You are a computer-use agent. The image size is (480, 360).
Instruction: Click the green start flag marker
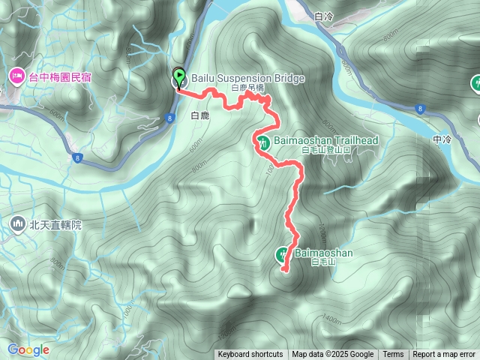(179, 76)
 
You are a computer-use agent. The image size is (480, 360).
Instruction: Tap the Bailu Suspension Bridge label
(237, 78)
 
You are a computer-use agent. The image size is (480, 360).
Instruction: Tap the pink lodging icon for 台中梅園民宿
(16, 76)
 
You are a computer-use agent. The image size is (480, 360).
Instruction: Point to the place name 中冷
(442, 139)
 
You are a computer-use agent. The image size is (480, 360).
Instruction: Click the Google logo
(28, 349)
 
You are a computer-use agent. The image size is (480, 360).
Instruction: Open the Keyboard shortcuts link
(250, 355)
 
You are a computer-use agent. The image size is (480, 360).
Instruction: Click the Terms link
(393, 355)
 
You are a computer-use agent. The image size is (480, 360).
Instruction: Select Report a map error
(445, 355)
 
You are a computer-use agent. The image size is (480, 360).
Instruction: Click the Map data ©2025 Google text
(332, 355)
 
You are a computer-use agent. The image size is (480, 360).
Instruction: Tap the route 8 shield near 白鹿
(171, 118)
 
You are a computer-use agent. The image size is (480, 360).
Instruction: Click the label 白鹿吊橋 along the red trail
(247, 88)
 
